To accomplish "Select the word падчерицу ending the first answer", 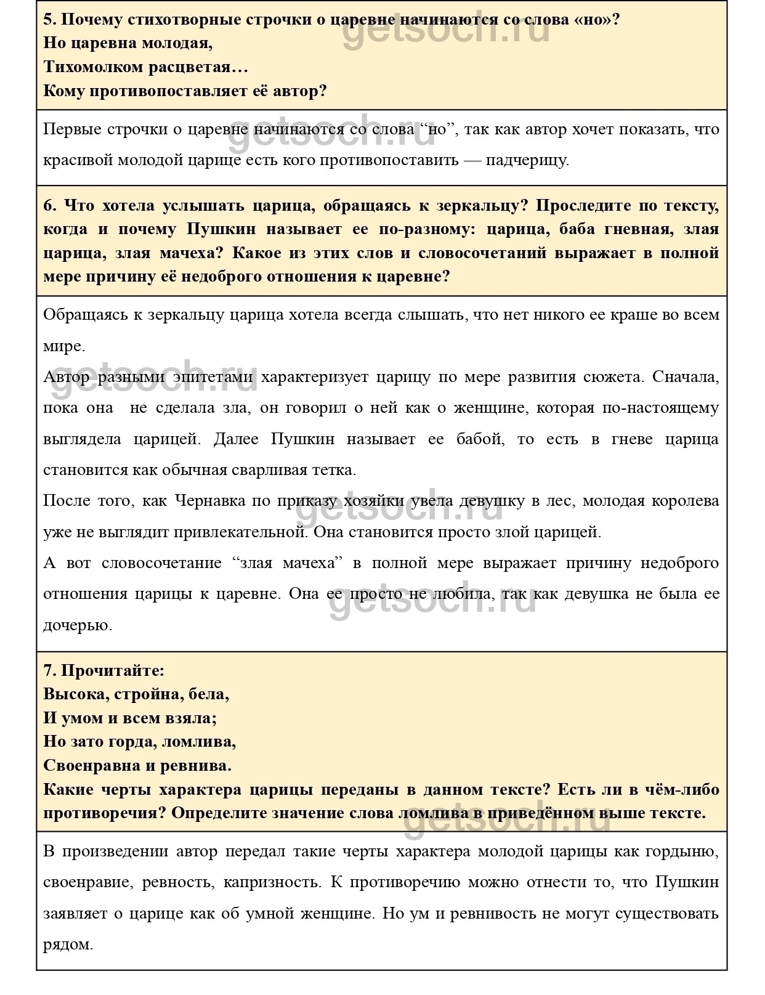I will pyautogui.click(x=526, y=160).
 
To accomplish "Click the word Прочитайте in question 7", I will pyautogui.click(x=112, y=670).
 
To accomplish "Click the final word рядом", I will pyautogui.click(x=67, y=944).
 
